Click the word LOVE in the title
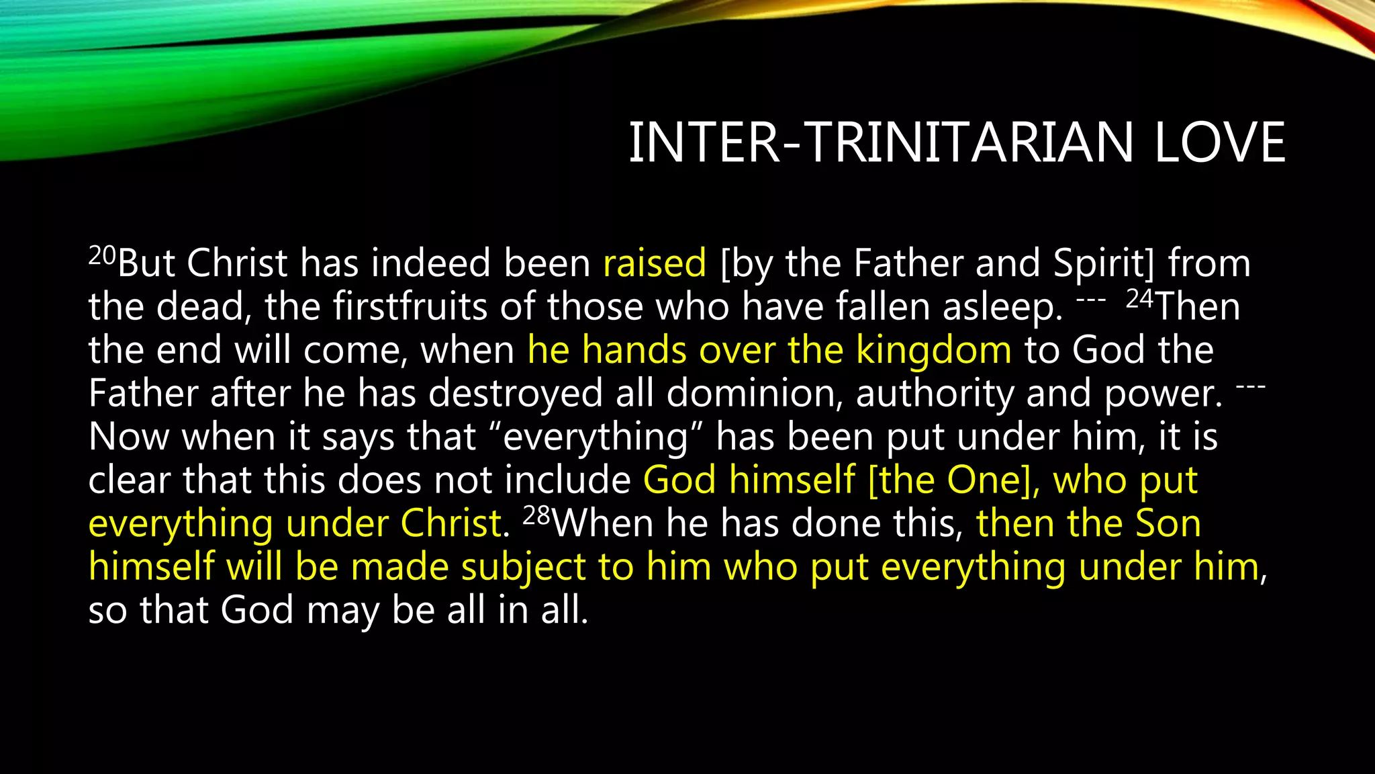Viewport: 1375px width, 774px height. [1219, 142]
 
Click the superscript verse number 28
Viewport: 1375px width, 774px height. [536, 516]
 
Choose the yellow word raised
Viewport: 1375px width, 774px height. [655, 263]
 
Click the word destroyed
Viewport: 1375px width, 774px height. [516, 393]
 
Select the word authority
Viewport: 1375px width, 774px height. [935, 393]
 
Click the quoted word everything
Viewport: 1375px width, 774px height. [596, 437]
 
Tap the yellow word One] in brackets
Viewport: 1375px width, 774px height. [992, 480]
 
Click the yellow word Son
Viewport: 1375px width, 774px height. [1168, 523]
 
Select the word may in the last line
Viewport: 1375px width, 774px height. [342, 611]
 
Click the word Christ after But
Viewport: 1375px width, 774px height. [236, 263]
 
